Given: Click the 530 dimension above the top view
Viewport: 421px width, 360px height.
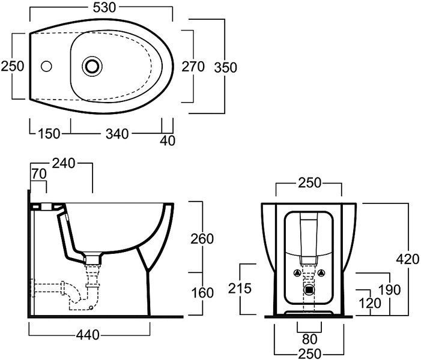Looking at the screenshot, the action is coord(104,8).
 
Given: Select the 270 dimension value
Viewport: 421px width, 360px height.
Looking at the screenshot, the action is coord(193,67).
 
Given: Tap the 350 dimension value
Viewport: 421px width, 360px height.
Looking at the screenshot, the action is coord(226,68).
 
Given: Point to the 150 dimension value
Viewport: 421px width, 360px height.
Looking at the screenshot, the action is coord(49,134).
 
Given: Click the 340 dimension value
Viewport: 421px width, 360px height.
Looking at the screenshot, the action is coord(117,134).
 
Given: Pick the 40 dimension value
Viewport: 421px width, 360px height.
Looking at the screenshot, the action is coord(168,140).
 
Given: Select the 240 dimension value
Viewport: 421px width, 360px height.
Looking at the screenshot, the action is coord(64,163).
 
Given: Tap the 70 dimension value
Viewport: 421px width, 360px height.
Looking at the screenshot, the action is coord(39,174).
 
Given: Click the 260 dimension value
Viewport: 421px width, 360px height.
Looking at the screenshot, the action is coord(202,239).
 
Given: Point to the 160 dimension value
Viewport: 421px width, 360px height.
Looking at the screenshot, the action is coord(202,292).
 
